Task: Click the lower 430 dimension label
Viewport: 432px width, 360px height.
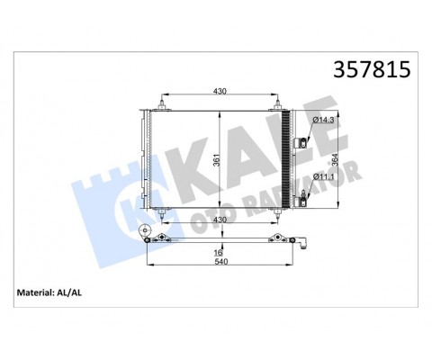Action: click(220, 220)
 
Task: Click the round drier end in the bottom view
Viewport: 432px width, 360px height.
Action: click(145, 237)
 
